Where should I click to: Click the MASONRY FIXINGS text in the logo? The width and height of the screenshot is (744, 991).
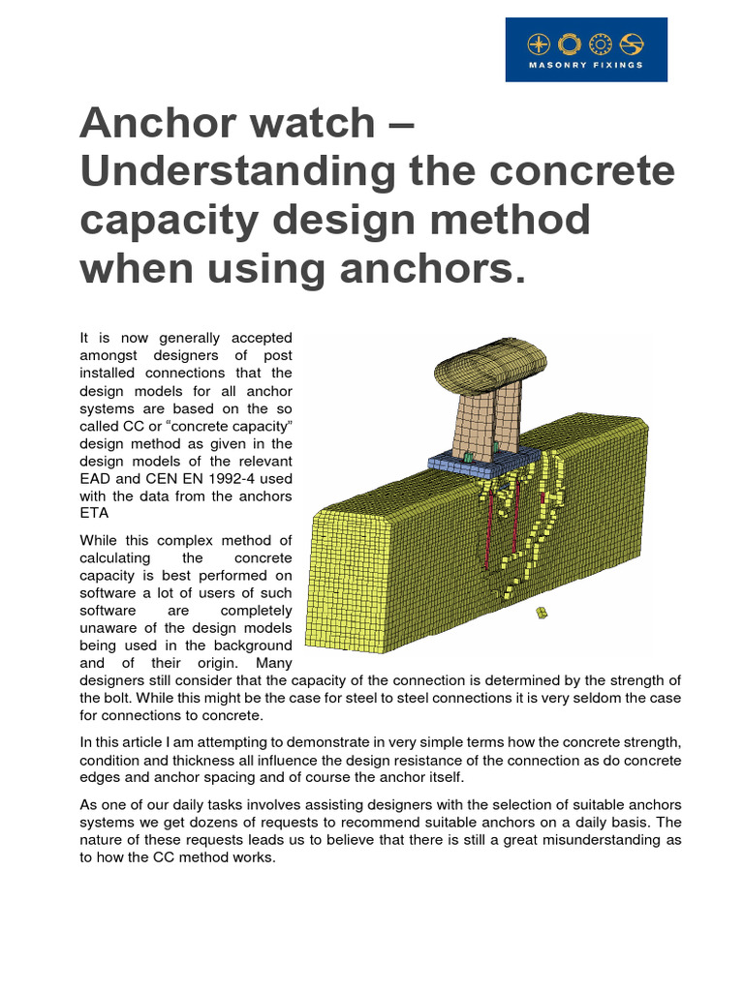pyautogui.click(x=585, y=66)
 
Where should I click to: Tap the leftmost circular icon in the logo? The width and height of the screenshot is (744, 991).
pyautogui.click(x=539, y=45)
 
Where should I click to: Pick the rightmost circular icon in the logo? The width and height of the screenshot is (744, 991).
pyautogui.click(x=632, y=45)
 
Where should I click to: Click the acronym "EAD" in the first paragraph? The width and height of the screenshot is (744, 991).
pyautogui.click(x=98, y=477)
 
